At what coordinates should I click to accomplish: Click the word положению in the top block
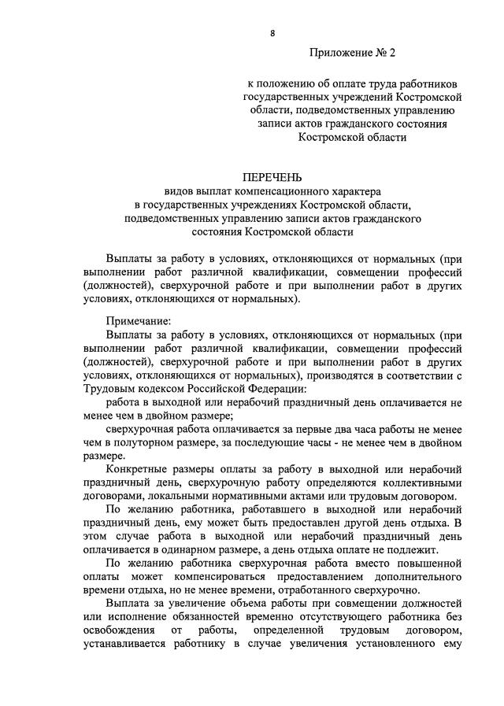click(285, 83)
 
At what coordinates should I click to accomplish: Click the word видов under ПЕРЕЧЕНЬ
click(178, 190)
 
